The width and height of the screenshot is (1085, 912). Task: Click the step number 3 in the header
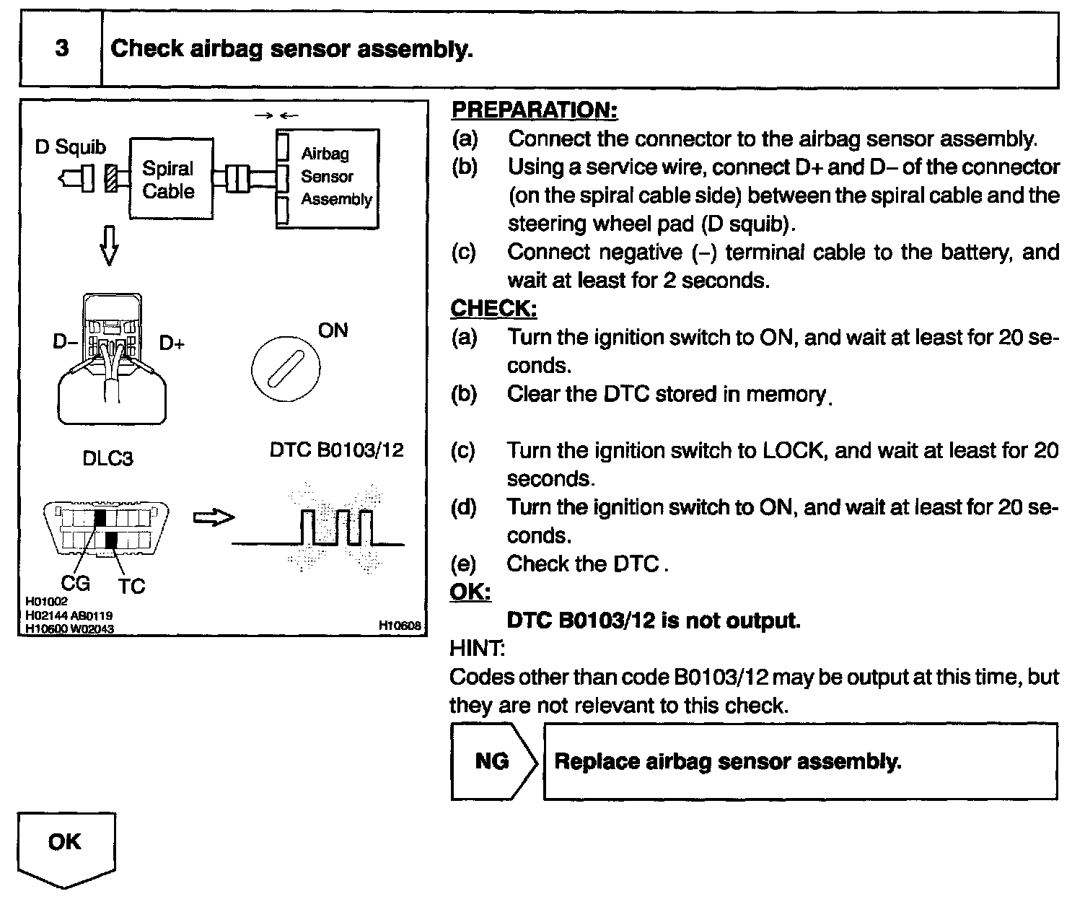click(62, 49)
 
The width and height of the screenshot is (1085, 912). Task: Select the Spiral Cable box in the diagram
click(171, 179)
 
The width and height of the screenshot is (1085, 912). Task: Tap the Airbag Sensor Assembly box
click(327, 177)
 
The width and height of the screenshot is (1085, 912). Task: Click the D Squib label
click(71, 147)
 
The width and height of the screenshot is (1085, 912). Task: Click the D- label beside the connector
click(64, 341)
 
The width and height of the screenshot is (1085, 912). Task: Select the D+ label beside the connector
click(172, 343)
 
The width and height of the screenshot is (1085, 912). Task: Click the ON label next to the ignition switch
click(333, 330)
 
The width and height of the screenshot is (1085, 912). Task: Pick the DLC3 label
click(107, 458)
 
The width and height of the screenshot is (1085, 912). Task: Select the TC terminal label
click(131, 586)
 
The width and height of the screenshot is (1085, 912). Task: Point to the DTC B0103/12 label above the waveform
click(336, 450)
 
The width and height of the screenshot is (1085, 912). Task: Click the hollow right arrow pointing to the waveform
click(214, 517)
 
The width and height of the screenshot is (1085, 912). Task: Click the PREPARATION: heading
click(534, 110)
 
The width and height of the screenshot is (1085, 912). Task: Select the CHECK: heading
click(493, 309)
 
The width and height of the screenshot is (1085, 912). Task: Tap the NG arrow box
click(493, 761)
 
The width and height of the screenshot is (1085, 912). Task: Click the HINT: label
click(476, 649)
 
